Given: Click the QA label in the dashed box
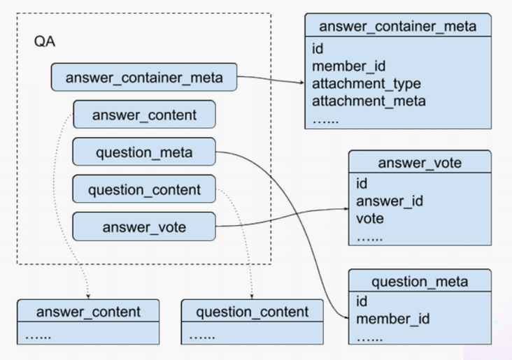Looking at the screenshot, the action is (44, 41).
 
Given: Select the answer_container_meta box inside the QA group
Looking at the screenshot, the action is (144, 77).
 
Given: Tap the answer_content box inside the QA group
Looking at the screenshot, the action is (144, 114).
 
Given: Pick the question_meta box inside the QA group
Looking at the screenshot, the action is (144, 152).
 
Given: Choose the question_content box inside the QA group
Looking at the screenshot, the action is (144, 189).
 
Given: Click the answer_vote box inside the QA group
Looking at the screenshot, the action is (144, 226).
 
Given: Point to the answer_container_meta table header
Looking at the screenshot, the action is (398, 25).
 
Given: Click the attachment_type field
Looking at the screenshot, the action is (367, 84).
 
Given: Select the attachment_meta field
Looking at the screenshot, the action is (369, 101).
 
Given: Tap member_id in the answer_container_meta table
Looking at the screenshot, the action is (349, 66).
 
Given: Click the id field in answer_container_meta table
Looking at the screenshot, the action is (318, 49).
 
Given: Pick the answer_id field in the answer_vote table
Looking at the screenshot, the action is (390, 201).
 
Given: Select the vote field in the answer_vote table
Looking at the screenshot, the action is (369, 219).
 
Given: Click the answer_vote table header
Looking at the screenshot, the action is (420, 161).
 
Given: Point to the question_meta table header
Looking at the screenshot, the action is (420, 281).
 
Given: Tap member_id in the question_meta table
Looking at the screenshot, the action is (393, 319).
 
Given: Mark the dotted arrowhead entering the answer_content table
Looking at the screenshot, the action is (88, 296).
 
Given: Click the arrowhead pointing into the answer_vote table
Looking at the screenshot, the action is (346, 209).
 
